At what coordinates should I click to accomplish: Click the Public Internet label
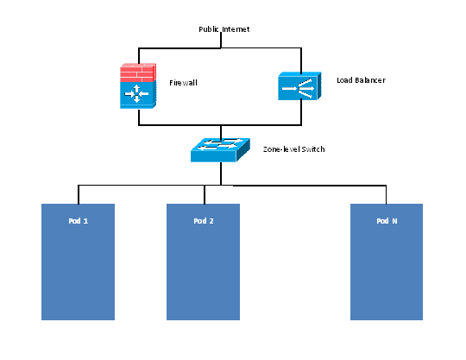coord(224,29)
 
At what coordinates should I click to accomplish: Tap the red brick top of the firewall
coord(137,71)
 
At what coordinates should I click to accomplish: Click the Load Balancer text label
coord(361,80)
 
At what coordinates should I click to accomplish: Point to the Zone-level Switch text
coord(293,149)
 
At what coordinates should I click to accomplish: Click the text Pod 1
coord(78,221)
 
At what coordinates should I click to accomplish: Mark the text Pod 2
coord(203,221)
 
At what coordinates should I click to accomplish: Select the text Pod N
coord(387,221)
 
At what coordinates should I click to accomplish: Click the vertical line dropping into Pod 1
coord(79,194)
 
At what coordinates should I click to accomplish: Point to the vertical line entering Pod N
coord(387,194)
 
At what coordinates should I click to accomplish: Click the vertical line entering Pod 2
coord(204,194)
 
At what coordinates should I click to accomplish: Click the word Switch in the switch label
coord(313,149)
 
